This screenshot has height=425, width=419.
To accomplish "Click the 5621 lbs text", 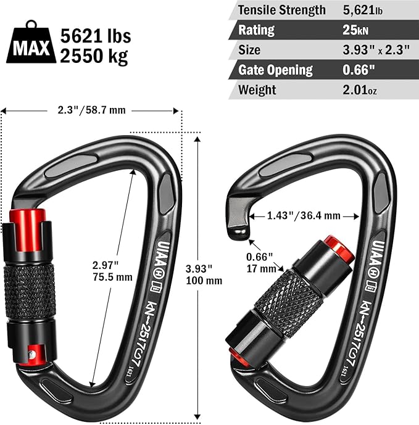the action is (x=96, y=36).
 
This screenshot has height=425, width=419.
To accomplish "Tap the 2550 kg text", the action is (x=94, y=56).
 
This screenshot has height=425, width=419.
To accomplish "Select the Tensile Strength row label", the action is (x=282, y=10).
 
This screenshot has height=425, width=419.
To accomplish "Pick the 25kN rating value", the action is (x=355, y=30).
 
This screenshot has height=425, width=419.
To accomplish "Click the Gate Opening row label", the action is (x=276, y=70).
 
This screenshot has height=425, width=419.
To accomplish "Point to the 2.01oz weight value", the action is (x=360, y=89).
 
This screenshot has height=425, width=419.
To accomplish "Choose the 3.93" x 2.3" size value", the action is (x=376, y=50).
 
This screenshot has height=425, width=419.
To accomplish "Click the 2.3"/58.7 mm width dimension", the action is (x=92, y=110).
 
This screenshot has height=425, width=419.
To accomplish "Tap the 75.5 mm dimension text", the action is (x=112, y=277).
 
